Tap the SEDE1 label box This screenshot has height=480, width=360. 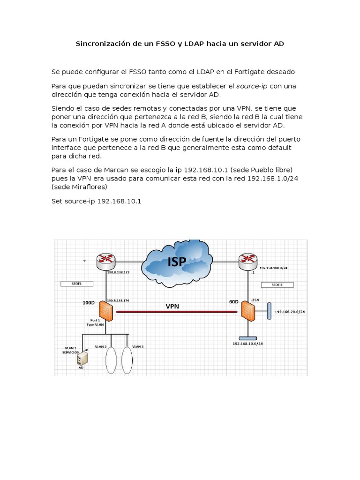(77, 284)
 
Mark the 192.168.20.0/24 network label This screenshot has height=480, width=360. (289, 312)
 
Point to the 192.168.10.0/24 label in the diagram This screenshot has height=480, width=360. (247, 344)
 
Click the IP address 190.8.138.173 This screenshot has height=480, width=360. (118, 272)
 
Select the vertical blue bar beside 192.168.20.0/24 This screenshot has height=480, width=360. (270, 311)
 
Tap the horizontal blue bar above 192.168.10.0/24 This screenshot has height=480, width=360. (247, 338)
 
